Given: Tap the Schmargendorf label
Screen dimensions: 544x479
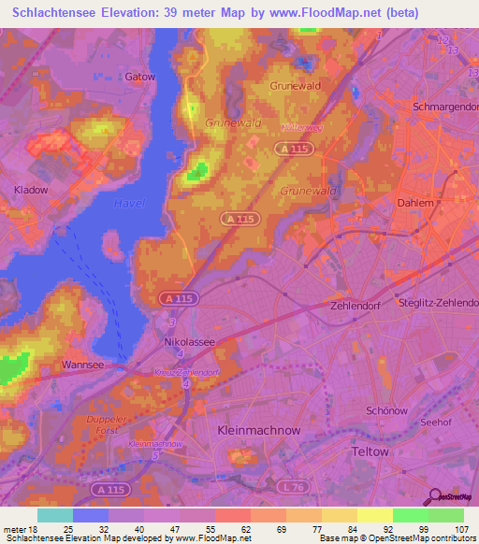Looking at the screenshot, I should [x=445, y=107].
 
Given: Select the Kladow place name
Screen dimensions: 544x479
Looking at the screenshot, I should [x=30, y=190].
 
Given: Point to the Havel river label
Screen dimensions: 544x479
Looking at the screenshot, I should [x=128, y=203].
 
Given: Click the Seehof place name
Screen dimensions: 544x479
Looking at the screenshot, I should [x=437, y=422].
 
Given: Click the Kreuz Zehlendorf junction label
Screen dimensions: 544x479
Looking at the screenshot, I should [x=187, y=372].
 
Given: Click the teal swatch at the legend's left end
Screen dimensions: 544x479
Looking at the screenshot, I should [x=55, y=515].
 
